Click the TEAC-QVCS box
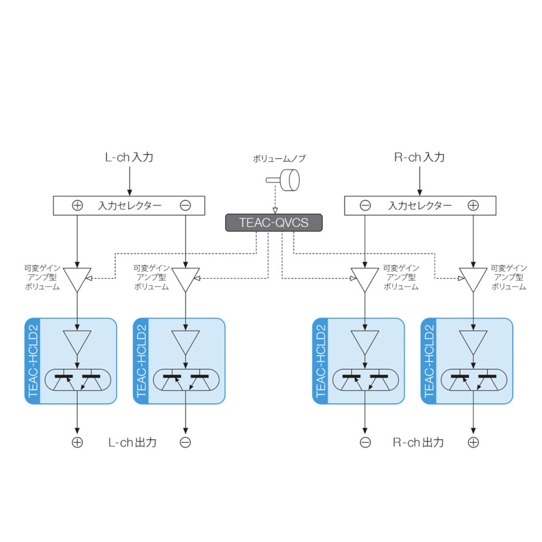click(274, 223)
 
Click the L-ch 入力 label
click(129, 157)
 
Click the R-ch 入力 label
click(419, 157)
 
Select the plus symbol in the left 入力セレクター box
click(77, 205)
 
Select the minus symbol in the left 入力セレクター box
click(185, 205)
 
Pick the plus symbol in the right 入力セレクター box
click(473, 205)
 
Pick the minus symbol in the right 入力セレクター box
click(365, 205)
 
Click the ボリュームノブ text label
click(279, 159)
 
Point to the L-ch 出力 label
click(132, 442)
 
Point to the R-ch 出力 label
click(418, 442)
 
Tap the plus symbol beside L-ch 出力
click(77, 442)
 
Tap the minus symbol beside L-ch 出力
click(185, 442)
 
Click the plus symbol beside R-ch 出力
click(473, 442)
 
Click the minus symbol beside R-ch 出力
click(365, 442)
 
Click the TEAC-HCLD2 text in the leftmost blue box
click(33, 361)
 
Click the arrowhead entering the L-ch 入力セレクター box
click(129, 193)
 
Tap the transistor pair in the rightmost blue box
click(474, 380)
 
